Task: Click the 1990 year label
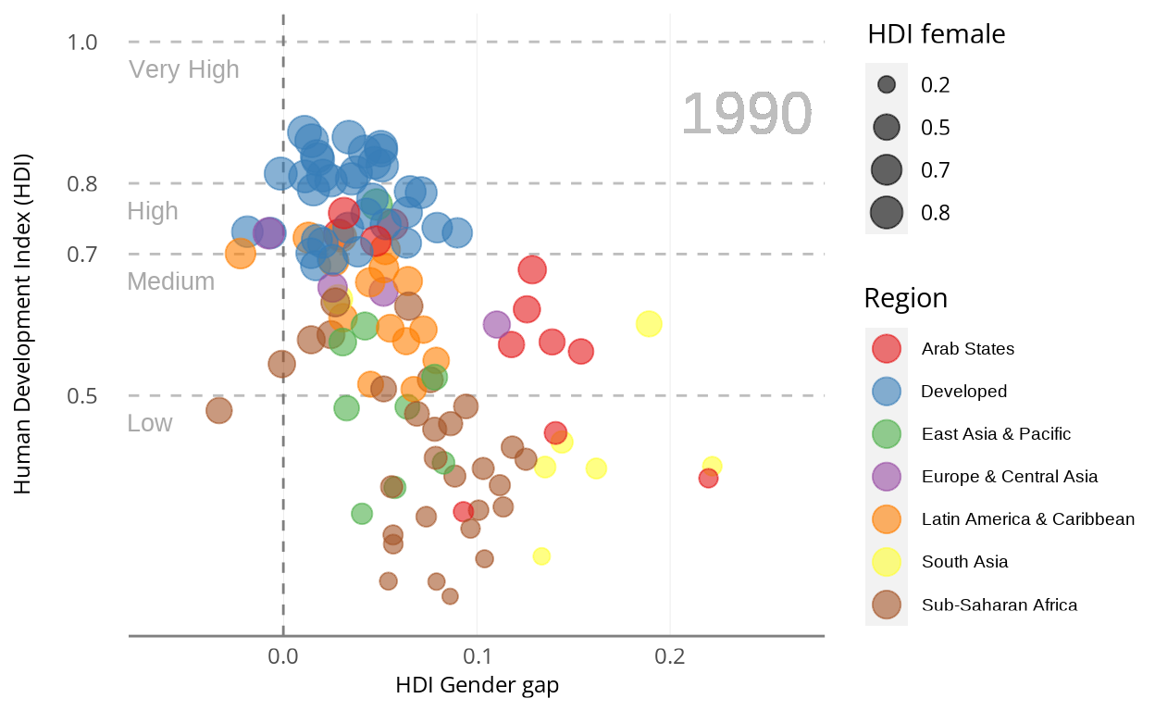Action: [x=746, y=115]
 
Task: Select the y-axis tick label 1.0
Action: [x=83, y=43]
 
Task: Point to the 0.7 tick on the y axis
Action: [x=83, y=254]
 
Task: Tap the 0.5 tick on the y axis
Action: [x=83, y=396]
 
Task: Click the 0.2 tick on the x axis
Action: [x=670, y=656]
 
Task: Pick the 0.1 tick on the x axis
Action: [x=477, y=656]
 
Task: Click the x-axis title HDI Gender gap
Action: [x=477, y=686]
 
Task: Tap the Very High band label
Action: [x=184, y=70]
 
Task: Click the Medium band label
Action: [x=171, y=281]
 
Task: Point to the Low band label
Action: [x=150, y=423]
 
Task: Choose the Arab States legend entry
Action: [x=967, y=349]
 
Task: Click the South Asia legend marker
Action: [x=887, y=562]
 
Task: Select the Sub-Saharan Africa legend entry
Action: [x=999, y=605]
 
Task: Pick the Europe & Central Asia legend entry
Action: [x=1009, y=477]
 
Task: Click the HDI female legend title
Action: [x=936, y=35]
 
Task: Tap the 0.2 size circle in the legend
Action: [x=887, y=85]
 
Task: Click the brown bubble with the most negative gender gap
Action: [x=218, y=410]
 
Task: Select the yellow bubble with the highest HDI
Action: [x=649, y=324]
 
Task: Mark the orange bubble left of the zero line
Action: [x=241, y=254]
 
